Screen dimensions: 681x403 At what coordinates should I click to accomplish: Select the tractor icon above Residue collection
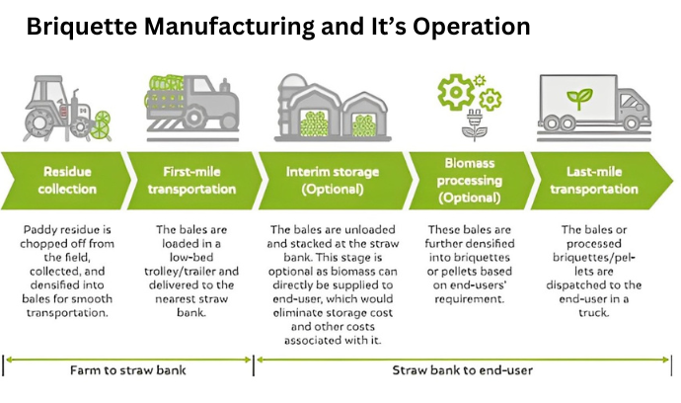pos(67,109)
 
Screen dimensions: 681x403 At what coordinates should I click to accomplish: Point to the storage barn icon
pos(333,108)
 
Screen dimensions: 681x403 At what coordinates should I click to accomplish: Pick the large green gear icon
pos(456,92)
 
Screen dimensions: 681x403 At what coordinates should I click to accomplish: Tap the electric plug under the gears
pos(474,119)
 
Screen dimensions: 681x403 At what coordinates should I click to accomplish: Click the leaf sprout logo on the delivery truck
pos(579,98)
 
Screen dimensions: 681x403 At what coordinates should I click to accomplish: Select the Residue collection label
pos(67,181)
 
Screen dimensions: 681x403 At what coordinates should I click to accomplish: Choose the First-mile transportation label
pos(191,181)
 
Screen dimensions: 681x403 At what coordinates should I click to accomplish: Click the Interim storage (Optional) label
pos(333,181)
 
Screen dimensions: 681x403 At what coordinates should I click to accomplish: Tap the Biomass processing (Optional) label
pos(470,181)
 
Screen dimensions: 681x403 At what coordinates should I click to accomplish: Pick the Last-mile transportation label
pos(594,181)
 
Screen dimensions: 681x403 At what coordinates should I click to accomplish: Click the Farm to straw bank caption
pos(127,370)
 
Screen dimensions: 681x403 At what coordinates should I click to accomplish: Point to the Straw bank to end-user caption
pos(462,370)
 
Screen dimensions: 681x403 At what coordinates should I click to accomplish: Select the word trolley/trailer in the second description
pos(180,272)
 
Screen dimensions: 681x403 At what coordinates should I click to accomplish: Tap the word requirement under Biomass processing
pos(469,299)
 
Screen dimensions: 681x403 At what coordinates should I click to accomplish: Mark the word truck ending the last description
pos(594,313)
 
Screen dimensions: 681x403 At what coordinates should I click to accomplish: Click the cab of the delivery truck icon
pos(634,108)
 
